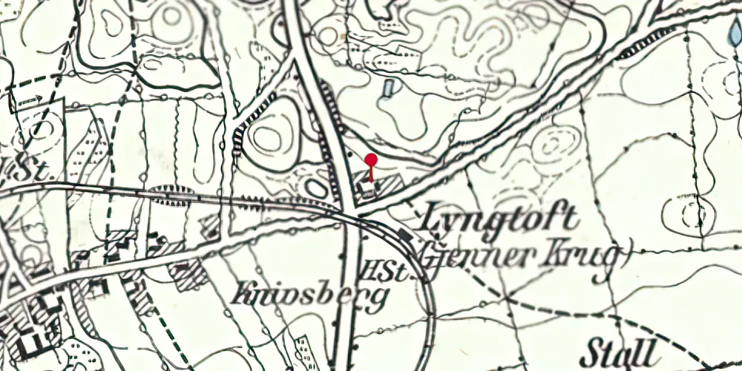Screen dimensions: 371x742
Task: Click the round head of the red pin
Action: click(372, 159)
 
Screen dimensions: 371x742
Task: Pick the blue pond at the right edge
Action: click(734, 33)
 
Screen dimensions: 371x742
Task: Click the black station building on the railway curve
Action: click(404, 235)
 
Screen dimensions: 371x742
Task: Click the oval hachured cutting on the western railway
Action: click(172, 194)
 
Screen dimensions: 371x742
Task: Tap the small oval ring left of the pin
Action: click(317, 188)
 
